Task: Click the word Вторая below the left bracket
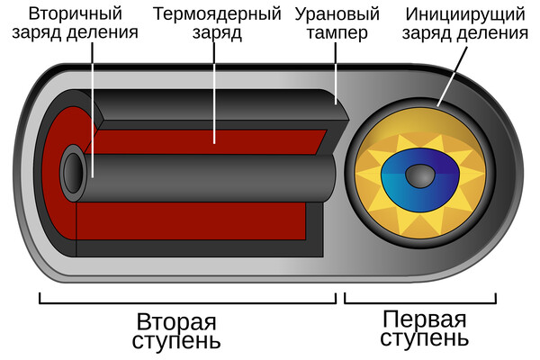click(x=177, y=322)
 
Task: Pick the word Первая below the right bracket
click(x=424, y=320)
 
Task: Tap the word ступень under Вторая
click(x=177, y=342)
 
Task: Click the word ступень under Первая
click(x=424, y=340)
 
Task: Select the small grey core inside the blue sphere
click(x=418, y=174)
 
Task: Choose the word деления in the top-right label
click(x=490, y=35)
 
